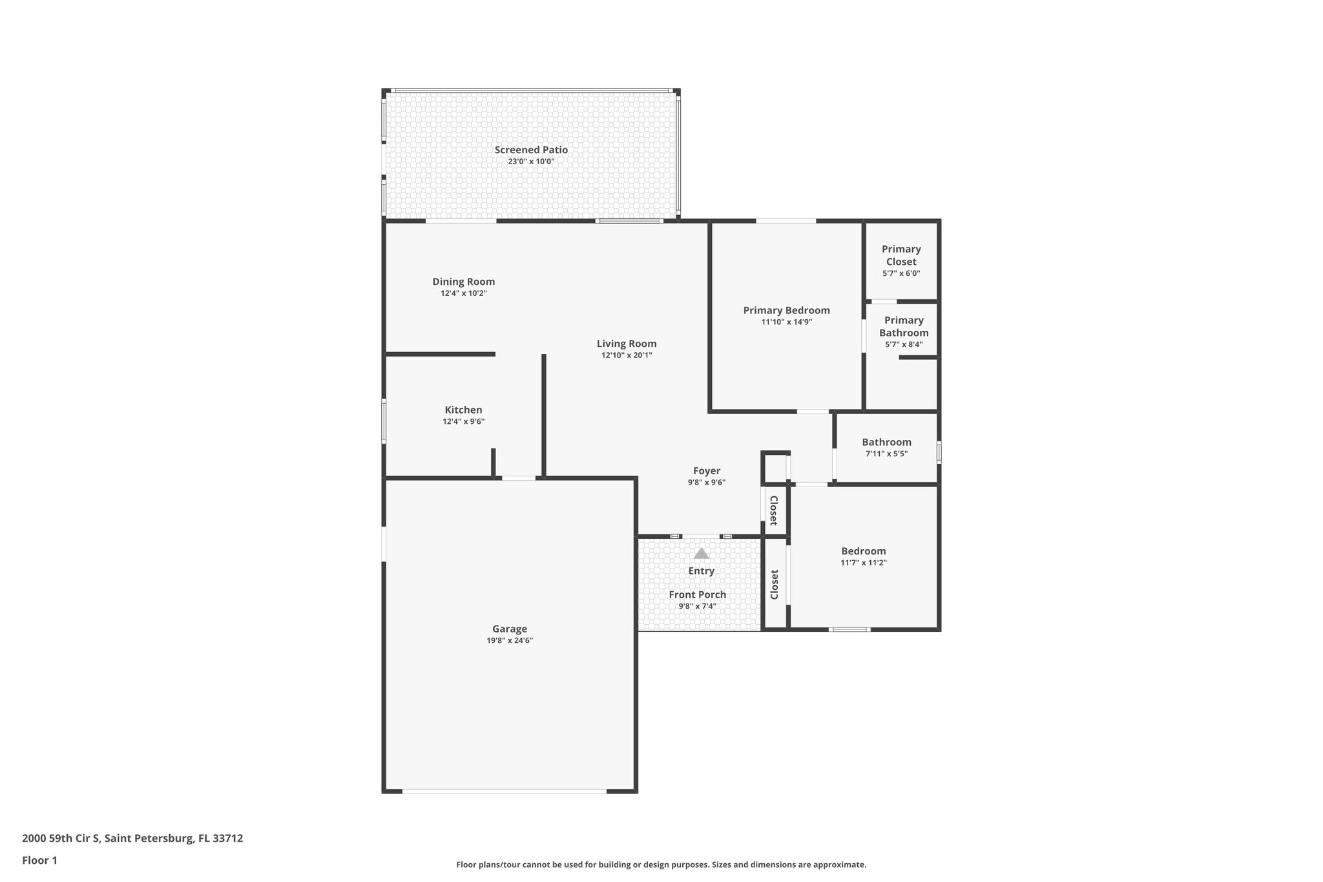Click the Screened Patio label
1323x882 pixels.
(x=531, y=150)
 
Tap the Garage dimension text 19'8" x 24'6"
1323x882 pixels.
(x=510, y=641)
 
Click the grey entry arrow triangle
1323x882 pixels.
(x=701, y=554)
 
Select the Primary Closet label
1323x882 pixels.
(x=901, y=255)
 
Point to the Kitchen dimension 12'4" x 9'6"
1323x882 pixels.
(x=463, y=422)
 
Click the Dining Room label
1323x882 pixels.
(x=463, y=282)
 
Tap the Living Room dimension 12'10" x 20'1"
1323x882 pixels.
(x=627, y=355)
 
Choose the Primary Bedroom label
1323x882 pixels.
(x=786, y=310)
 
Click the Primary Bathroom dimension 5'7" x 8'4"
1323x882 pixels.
(x=904, y=344)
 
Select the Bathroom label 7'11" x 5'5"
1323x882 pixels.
(x=886, y=443)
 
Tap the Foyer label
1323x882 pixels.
(x=707, y=471)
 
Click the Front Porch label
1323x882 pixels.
(x=697, y=594)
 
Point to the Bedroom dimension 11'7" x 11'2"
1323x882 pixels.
(x=863, y=563)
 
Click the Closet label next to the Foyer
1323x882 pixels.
(x=773, y=510)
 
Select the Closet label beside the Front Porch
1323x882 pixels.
(x=774, y=584)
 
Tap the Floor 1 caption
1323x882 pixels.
(x=39, y=860)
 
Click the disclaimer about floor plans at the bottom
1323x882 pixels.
(x=661, y=865)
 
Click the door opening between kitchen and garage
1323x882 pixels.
(x=519, y=478)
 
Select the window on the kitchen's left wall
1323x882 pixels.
(x=384, y=422)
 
